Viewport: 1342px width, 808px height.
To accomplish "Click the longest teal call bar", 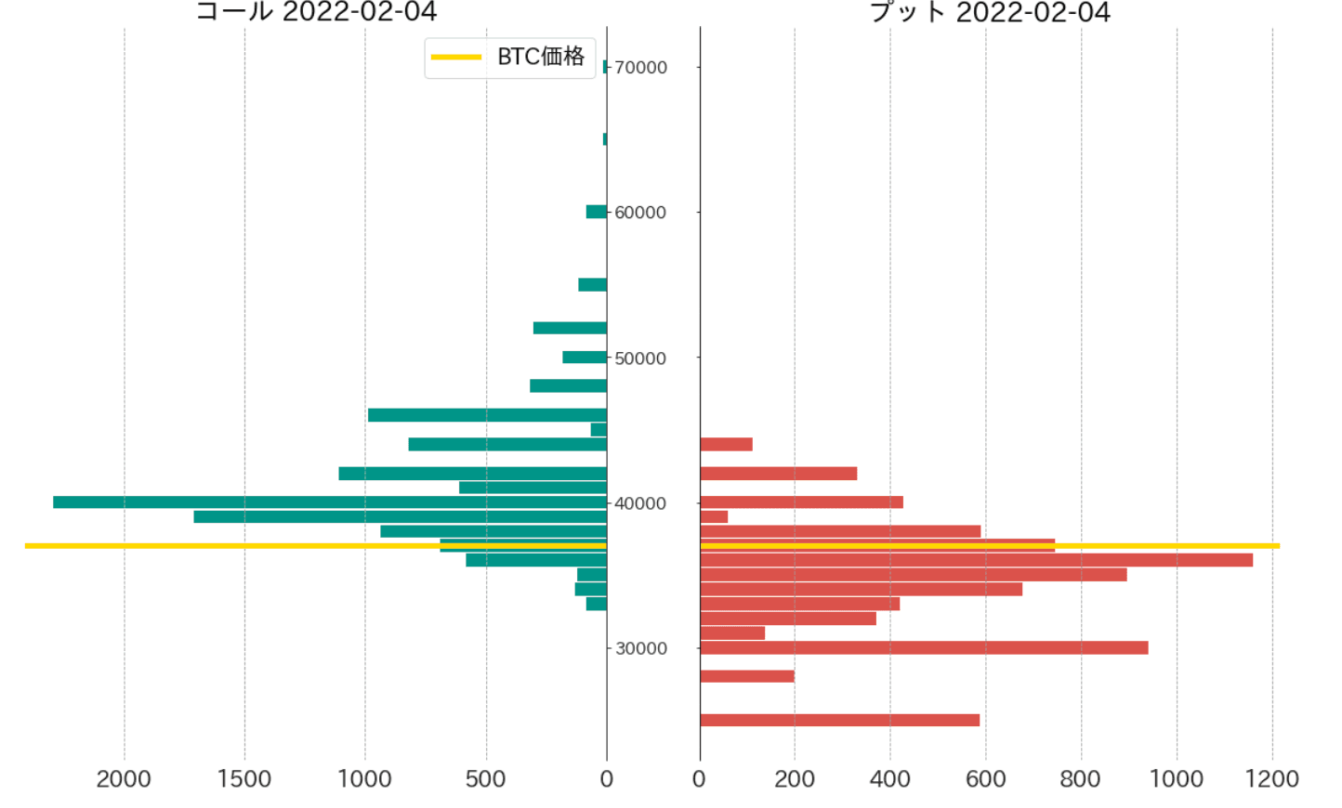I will click(x=330, y=502).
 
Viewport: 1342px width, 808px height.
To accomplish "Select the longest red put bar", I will click(x=976, y=560).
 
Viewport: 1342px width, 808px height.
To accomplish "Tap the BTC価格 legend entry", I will click(x=509, y=58).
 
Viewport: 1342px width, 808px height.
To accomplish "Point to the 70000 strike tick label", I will click(x=641, y=68).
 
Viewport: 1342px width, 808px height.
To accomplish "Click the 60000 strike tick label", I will click(x=640, y=213).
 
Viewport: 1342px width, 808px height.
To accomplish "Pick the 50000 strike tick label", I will click(x=640, y=358).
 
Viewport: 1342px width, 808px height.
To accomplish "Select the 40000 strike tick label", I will click(x=640, y=503).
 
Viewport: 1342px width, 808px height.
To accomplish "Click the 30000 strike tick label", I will click(x=641, y=648).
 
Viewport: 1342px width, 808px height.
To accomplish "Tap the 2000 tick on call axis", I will click(x=124, y=779).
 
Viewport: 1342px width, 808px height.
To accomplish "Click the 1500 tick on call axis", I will click(x=244, y=779).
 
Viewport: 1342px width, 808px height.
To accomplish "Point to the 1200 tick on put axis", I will click(x=1272, y=779).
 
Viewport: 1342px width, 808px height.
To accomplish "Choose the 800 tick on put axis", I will click(x=1081, y=779).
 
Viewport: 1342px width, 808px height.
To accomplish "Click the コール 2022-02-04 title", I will click(x=316, y=12).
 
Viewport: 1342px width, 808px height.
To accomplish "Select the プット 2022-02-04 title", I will click(x=990, y=12).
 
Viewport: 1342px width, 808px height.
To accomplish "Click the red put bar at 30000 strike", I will click(x=924, y=647).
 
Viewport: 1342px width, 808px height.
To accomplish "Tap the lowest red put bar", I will click(x=839, y=720).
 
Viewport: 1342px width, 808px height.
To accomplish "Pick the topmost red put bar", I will click(x=726, y=444).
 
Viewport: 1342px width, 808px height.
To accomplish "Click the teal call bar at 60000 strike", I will click(x=597, y=212).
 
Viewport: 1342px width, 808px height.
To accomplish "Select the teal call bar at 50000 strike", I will click(x=585, y=358).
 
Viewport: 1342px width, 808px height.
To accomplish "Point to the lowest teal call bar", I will click(x=597, y=604).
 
